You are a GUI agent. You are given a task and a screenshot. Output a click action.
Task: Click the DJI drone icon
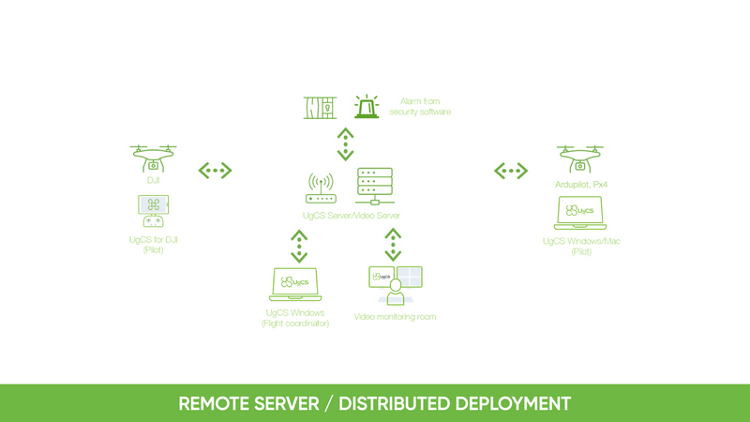153,158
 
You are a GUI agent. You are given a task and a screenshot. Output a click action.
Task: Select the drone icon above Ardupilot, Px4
579,158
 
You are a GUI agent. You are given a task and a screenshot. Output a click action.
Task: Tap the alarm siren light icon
367,106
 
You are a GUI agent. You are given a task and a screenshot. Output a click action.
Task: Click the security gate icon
320,108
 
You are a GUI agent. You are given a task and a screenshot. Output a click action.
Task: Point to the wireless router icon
321,188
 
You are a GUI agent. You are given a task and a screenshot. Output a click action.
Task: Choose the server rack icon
375,186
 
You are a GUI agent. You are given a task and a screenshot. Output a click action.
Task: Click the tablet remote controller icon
153,211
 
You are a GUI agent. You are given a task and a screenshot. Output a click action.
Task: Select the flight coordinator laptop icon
295,284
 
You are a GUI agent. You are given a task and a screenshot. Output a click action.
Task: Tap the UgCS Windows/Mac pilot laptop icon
579,213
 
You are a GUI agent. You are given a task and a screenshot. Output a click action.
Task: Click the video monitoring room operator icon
396,286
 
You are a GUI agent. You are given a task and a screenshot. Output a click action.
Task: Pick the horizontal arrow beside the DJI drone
216,171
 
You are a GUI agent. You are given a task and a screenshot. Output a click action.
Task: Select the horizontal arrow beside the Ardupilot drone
511,171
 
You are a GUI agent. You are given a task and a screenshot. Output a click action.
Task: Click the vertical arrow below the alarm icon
345,144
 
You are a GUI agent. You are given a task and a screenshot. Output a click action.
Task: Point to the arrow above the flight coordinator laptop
299,247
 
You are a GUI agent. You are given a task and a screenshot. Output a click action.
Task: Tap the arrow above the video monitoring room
393,245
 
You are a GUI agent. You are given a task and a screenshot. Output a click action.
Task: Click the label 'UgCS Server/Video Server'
351,216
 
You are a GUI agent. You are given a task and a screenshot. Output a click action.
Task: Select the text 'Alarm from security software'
420,107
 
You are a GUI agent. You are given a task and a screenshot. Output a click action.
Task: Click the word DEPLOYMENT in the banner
512,404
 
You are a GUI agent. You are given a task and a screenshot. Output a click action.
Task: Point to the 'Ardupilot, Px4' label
581,185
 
